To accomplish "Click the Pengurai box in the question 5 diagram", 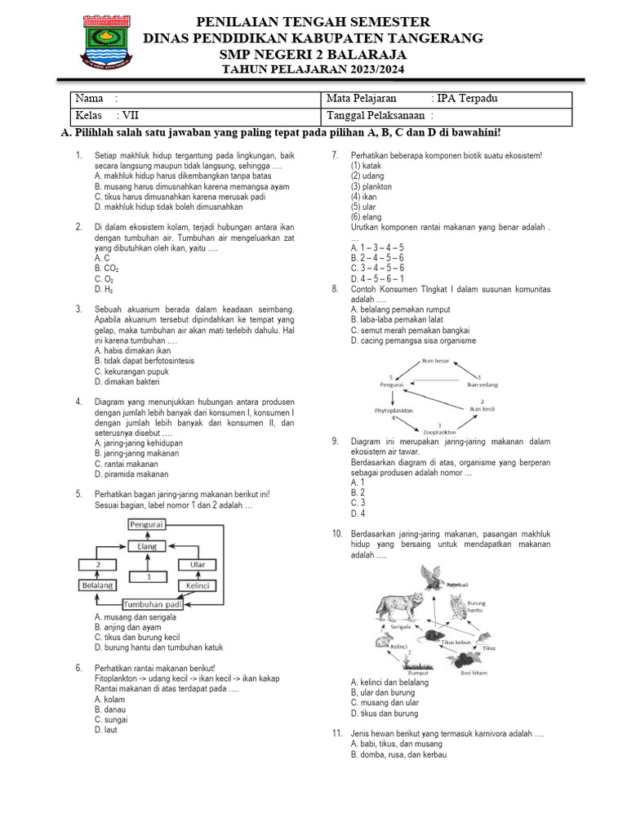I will (146, 527).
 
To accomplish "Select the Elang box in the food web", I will (146, 545).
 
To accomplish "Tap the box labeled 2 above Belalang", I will (98, 564).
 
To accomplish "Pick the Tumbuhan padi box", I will (151, 604).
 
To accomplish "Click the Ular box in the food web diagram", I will (197, 564).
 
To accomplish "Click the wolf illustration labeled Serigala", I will (400, 608).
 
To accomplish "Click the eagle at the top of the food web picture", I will (432, 577).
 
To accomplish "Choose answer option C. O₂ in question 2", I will (104, 278).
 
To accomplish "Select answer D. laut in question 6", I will (106, 730).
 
